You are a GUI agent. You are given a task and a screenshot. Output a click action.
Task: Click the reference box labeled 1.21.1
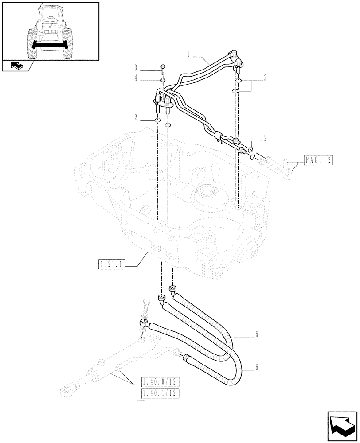[x=111, y=265]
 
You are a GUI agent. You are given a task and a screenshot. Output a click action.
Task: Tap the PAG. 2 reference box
[x=318, y=160]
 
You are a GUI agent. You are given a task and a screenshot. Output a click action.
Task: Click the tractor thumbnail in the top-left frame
[x=50, y=31]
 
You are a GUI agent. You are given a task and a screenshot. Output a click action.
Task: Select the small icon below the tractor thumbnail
[x=16, y=66]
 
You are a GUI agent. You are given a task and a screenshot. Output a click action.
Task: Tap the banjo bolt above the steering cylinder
[x=147, y=307]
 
